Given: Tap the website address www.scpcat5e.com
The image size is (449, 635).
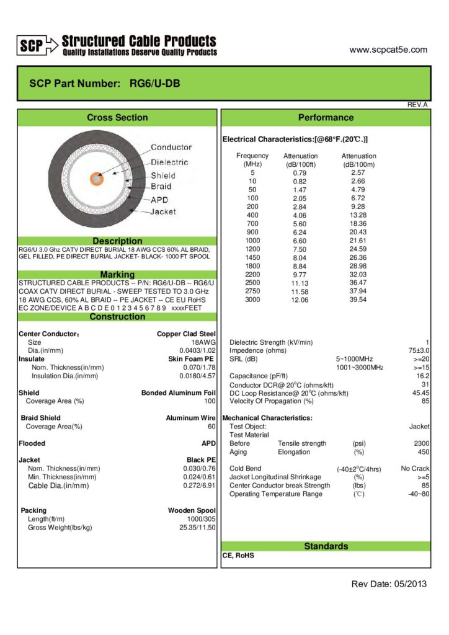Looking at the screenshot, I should coord(388,50).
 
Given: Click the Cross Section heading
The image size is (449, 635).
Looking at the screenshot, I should coord(117,118).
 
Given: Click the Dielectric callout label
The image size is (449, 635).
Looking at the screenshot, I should coord(169,162).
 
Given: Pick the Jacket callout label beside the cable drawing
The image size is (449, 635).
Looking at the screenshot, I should coord(163,211).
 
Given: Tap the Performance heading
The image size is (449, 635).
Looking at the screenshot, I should coord(326,118).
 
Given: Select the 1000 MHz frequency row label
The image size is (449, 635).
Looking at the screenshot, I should coord(252,240).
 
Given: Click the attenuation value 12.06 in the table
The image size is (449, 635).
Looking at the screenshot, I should coord(300,300).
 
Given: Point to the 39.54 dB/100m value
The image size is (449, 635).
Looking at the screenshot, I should coord(358,300).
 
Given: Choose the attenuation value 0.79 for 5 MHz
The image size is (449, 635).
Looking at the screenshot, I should coord(300,172).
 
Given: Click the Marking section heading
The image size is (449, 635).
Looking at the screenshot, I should coord(117,275).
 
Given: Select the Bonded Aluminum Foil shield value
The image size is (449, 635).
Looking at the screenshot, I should coord(179,393).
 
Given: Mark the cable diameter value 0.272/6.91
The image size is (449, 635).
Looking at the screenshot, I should coord(199,486).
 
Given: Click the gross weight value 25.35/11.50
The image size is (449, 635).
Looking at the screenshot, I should coord(197,527).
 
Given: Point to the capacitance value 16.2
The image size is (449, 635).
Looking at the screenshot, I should coord(423,376).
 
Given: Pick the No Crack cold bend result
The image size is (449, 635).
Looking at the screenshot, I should coord(415,469).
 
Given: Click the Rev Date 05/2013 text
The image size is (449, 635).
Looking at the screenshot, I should coord(389,584).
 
